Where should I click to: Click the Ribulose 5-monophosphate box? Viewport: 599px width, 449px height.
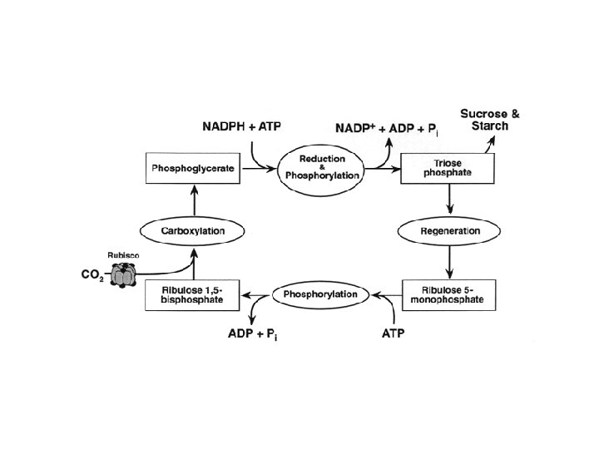point(450,294)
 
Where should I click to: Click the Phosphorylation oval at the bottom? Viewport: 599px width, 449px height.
point(320,294)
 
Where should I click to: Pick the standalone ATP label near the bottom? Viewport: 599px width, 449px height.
point(394,334)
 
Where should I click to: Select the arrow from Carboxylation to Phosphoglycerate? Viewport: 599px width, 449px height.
point(195,200)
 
